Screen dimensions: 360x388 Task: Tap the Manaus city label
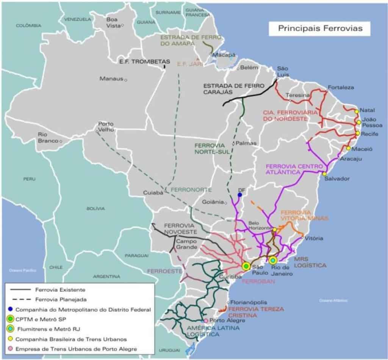coord(111,79)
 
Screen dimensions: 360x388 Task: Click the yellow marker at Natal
coord(357,112)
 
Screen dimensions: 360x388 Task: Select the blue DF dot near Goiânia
coord(239,195)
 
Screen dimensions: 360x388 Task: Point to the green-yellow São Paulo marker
coord(246,266)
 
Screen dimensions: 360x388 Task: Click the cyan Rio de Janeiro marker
coord(272,260)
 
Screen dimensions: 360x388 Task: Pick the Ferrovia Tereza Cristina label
coord(256,312)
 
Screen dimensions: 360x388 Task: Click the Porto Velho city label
coord(106,126)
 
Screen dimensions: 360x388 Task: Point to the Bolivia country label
coord(95,208)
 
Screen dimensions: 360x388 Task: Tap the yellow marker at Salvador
coord(324,174)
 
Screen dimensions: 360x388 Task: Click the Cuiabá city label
coord(153,193)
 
